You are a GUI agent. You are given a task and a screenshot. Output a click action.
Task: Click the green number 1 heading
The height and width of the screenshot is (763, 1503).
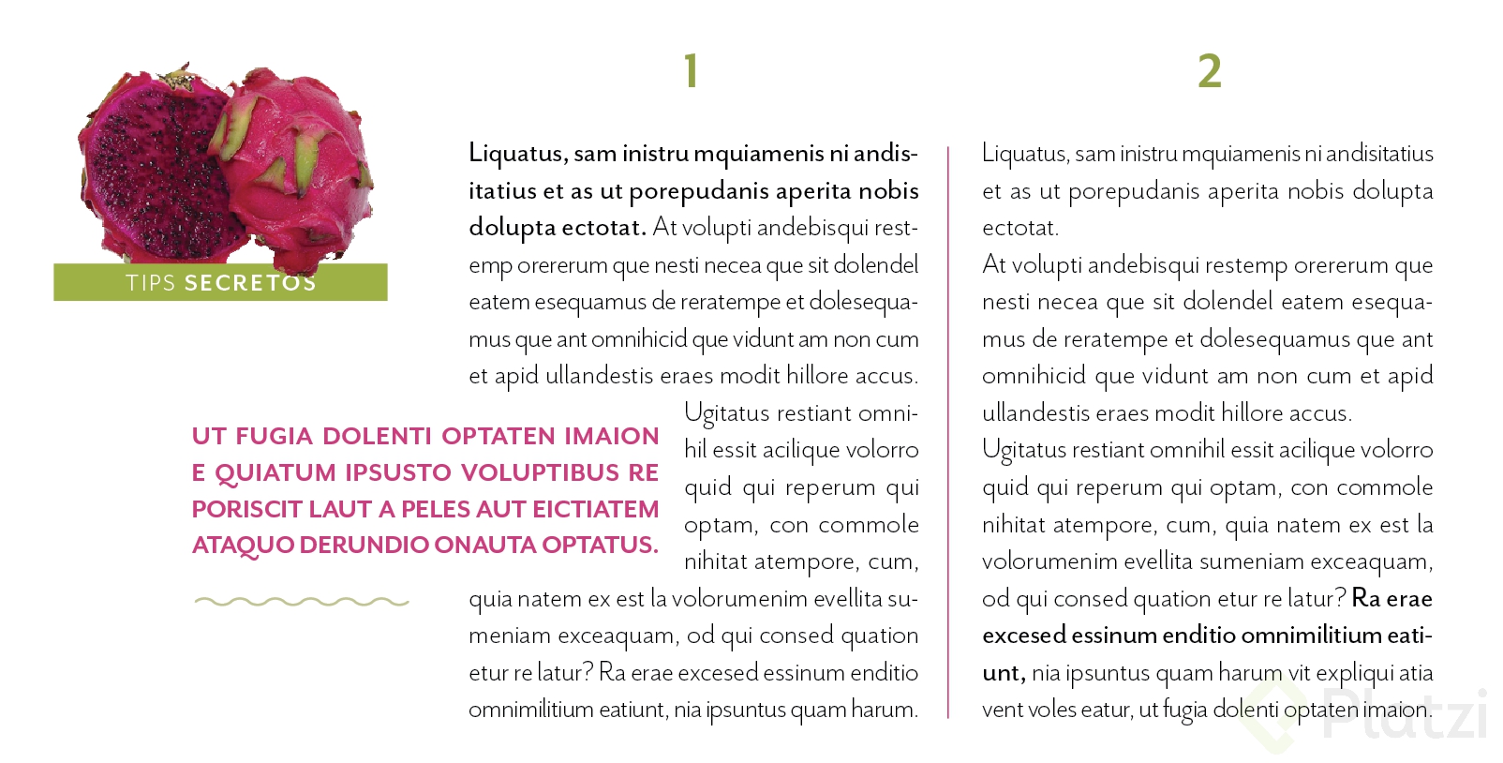691,71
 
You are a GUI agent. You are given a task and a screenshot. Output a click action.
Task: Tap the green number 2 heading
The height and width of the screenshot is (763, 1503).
1209,71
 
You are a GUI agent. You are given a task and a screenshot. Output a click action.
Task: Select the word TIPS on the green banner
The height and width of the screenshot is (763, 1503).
151,283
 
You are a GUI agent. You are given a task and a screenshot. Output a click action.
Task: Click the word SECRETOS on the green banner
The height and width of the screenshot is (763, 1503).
250,283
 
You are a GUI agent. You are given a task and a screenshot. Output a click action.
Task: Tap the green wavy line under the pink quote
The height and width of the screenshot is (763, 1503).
301,602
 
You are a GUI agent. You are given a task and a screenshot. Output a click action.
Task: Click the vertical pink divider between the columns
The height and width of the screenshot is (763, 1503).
948,431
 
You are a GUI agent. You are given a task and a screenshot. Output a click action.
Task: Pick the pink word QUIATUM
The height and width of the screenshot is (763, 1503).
275,472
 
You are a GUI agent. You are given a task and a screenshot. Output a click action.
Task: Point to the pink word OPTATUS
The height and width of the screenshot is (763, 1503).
599,545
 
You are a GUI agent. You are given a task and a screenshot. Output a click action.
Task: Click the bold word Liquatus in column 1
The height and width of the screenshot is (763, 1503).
516,153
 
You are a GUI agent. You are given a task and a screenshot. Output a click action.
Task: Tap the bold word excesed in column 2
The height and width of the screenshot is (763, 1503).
1024,636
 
